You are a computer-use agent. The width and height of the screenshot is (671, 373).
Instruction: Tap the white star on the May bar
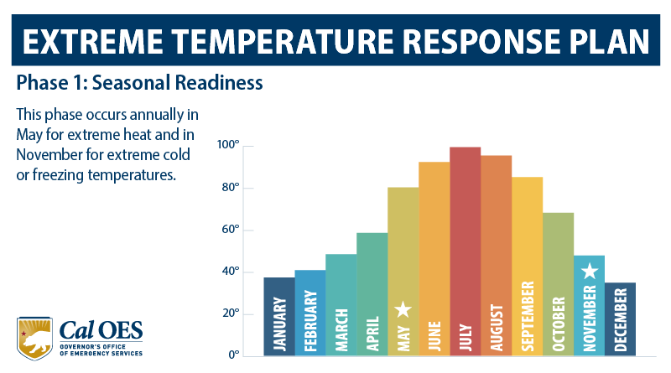pyautogui.click(x=403, y=309)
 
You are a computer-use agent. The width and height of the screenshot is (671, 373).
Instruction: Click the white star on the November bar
pyautogui.click(x=590, y=271)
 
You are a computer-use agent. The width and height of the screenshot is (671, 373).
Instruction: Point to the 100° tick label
pyautogui.click(x=229, y=146)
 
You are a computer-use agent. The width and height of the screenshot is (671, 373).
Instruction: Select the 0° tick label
pyautogui.click(x=234, y=355)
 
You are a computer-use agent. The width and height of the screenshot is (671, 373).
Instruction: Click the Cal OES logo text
pyautogui.click(x=101, y=328)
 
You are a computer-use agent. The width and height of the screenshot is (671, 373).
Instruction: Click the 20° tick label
pyautogui.click(x=231, y=313)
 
